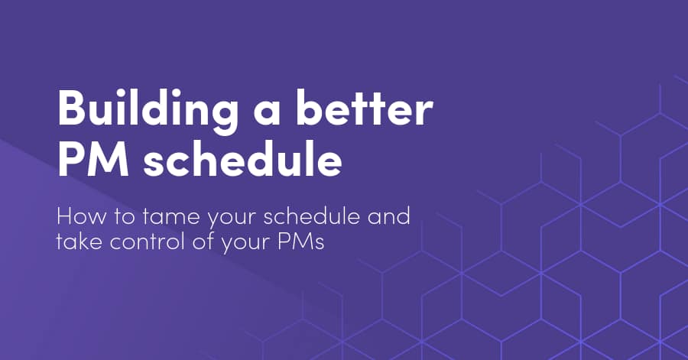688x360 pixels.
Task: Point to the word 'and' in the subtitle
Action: coord(388,216)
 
